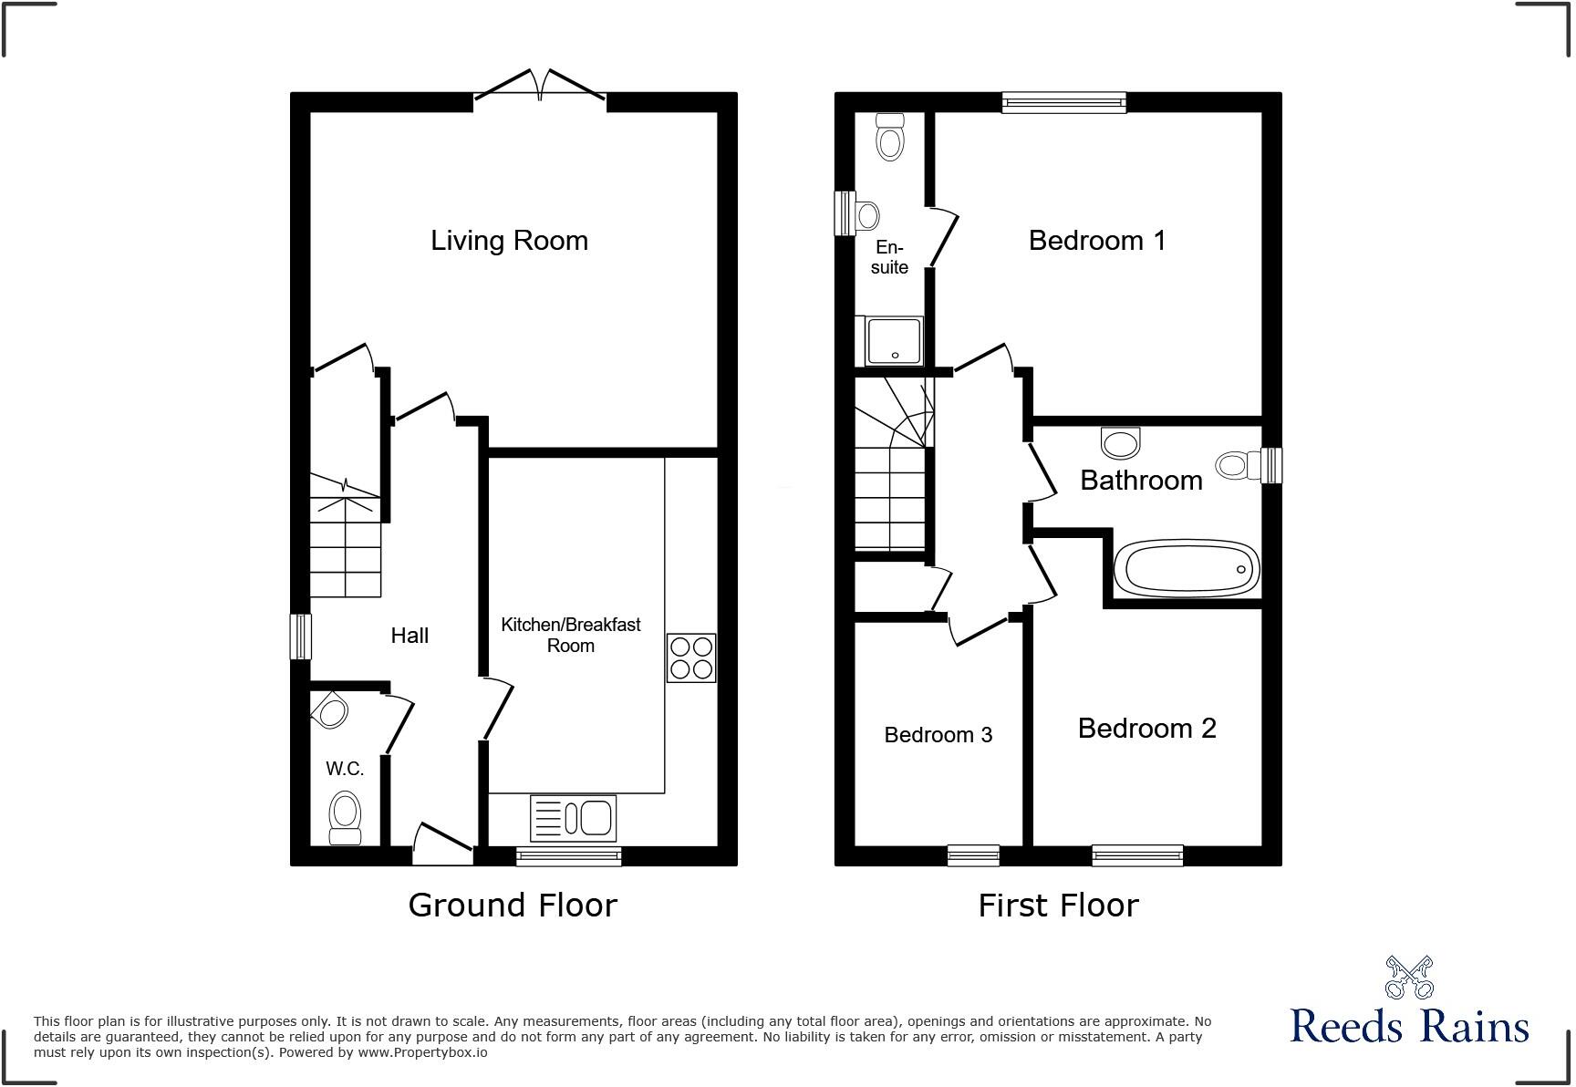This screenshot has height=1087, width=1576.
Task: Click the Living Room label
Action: click(509, 241)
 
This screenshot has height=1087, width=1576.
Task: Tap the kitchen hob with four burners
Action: click(690, 657)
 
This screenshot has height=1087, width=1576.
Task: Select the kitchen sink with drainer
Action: click(573, 817)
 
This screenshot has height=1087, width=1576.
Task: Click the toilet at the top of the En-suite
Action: click(889, 137)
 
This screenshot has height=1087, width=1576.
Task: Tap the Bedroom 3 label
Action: click(938, 735)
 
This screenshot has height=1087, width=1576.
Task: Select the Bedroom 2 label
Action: click(1146, 729)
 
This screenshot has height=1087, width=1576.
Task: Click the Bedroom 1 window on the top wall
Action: click(1063, 102)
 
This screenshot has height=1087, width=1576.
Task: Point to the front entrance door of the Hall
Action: click(443, 845)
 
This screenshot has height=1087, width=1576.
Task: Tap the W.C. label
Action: click(345, 769)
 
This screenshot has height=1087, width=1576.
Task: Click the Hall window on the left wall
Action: click(300, 636)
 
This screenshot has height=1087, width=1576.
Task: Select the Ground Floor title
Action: click(513, 905)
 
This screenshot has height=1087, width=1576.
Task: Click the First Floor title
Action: click(1058, 906)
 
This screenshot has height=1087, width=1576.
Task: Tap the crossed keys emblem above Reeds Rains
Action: click(1409, 977)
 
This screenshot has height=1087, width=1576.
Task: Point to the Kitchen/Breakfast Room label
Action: click(571, 635)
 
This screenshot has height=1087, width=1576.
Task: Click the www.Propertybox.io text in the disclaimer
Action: click(422, 1052)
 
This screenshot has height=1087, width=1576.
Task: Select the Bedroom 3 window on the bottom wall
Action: click(973, 854)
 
